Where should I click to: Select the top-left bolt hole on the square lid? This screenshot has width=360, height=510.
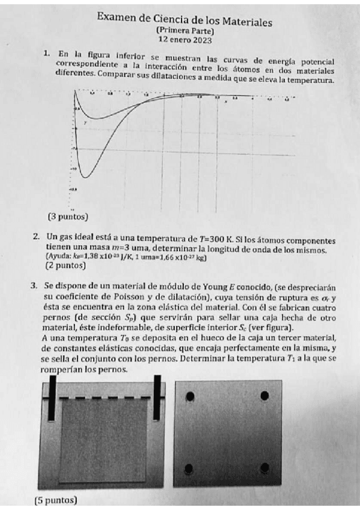tap(190, 396)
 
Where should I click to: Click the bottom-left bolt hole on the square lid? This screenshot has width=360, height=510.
tap(190, 468)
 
